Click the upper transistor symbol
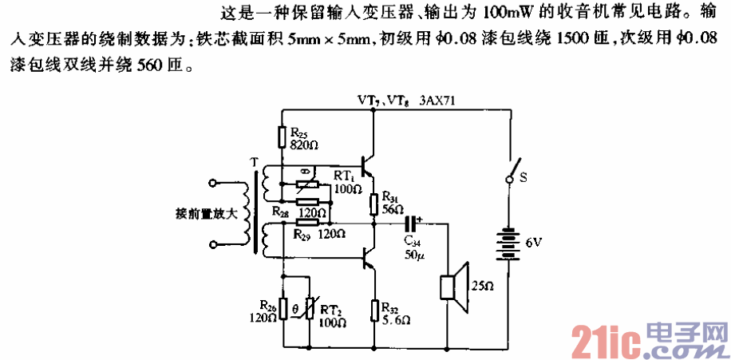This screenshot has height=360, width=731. coord(367,166)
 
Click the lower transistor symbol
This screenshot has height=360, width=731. coord(367,257)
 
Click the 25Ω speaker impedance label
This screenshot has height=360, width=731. coord(482,285)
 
